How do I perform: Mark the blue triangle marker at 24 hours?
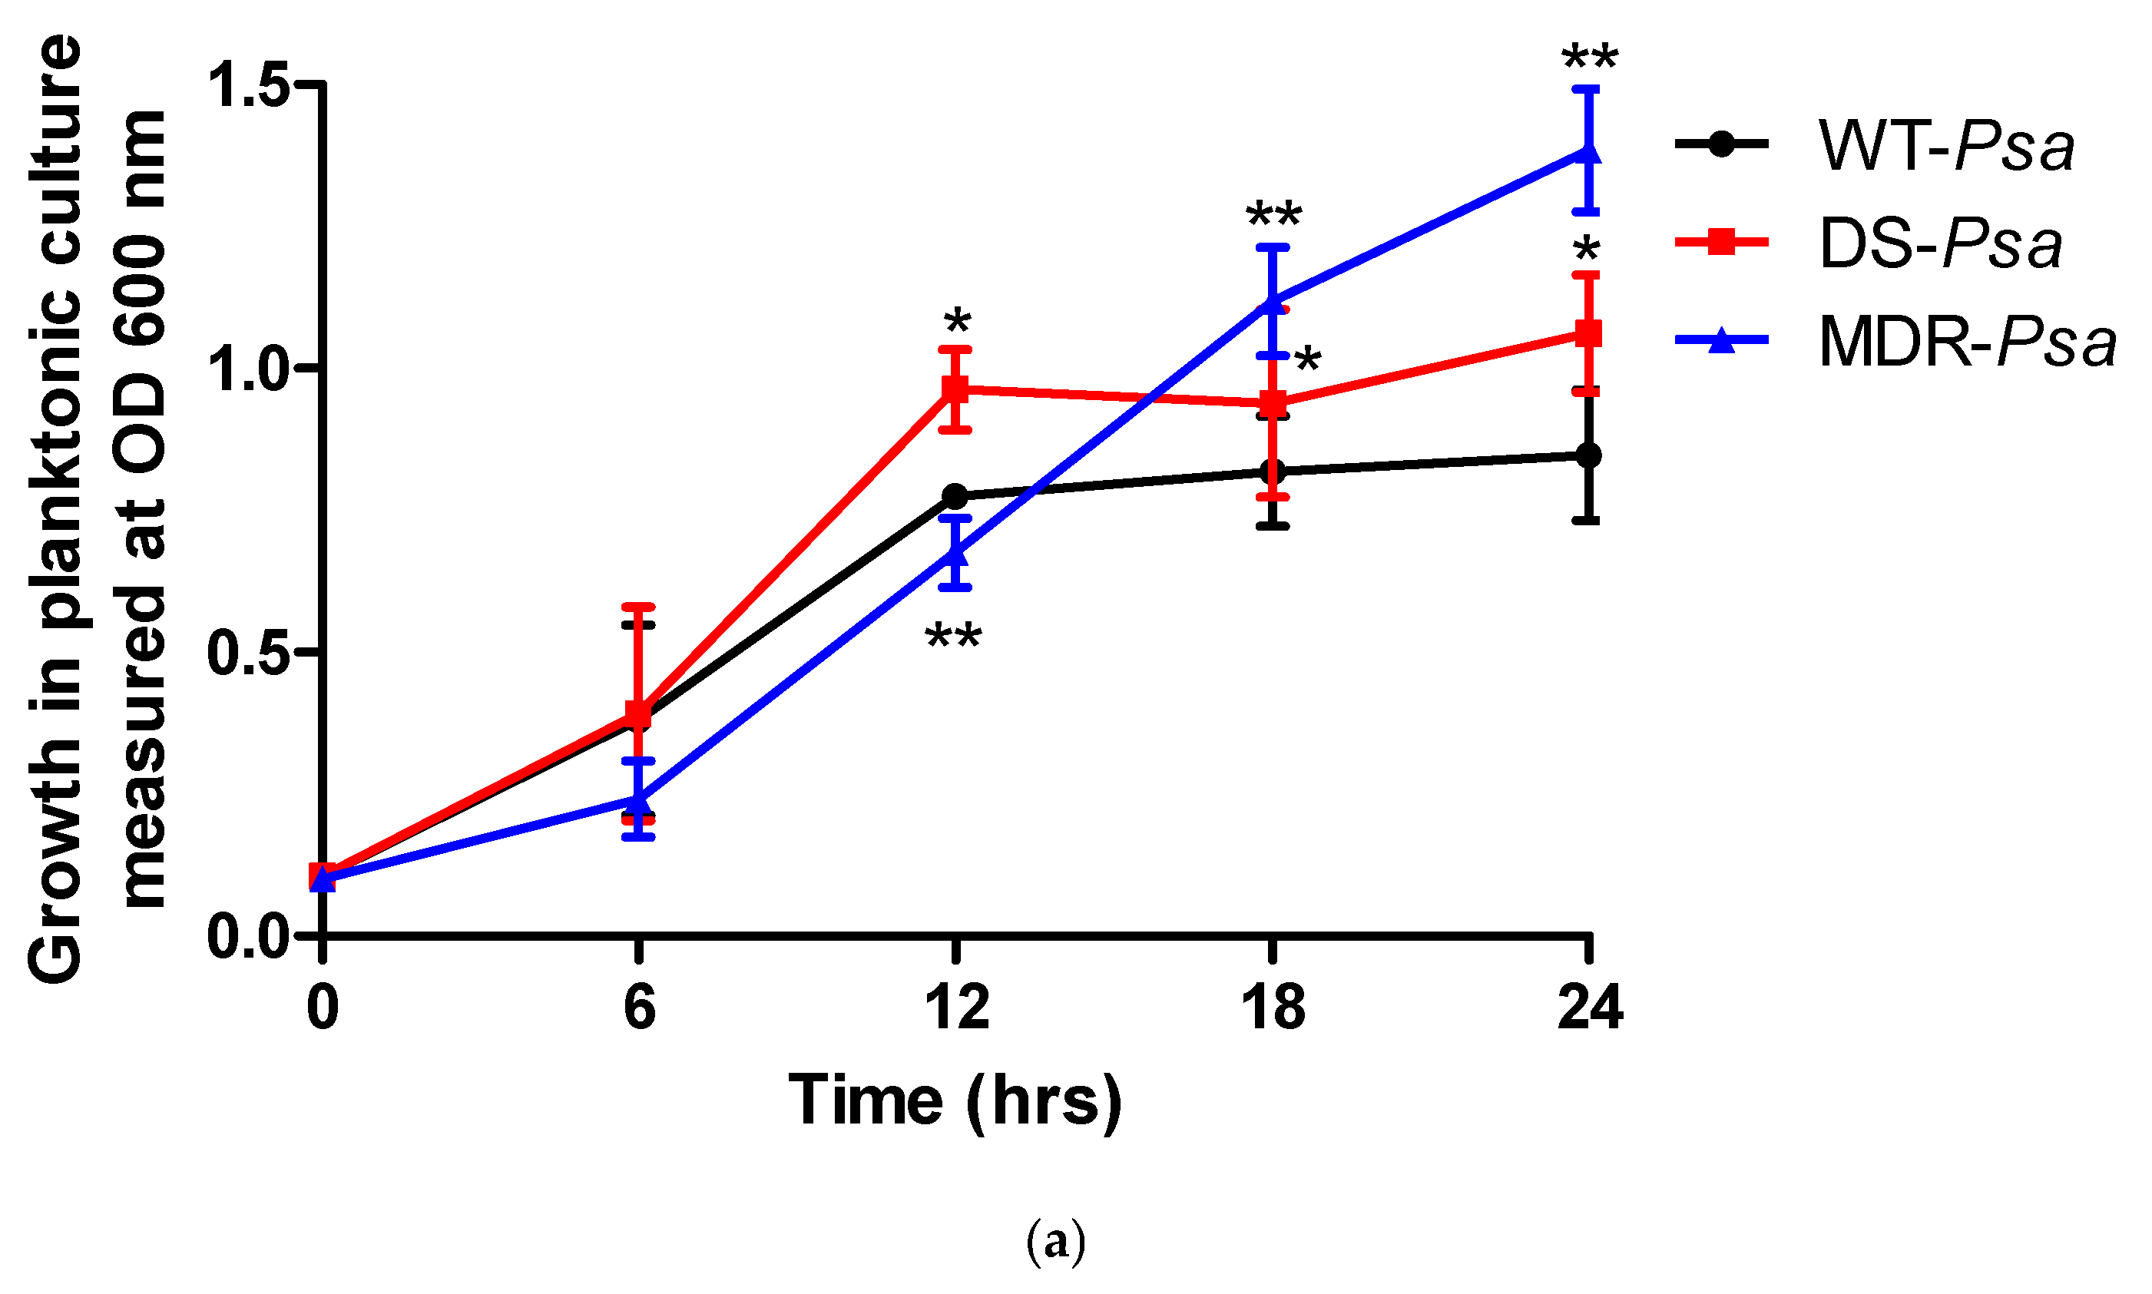(x=1589, y=153)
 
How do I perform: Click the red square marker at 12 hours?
(x=955, y=389)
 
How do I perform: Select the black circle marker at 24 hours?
(x=1589, y=455)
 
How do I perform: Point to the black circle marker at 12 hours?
(x=955, y=496)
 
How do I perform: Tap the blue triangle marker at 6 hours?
(x=639, y=799)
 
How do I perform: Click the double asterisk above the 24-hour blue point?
(x=1589, y=59)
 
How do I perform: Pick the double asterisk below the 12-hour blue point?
(x=953, y=637)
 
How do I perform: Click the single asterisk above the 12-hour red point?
(x=956, y=321)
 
